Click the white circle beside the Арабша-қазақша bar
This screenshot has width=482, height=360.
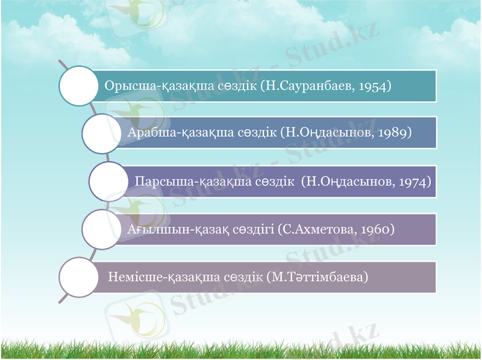(x=102, y=133)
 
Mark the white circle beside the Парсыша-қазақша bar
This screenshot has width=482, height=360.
(x=108, y=181)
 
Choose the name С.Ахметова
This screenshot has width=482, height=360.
(x=316, y=229)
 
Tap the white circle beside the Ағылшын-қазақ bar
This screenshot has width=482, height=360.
(x=102, y=229)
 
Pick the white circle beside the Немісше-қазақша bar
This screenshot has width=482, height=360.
(x=78, y=277)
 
